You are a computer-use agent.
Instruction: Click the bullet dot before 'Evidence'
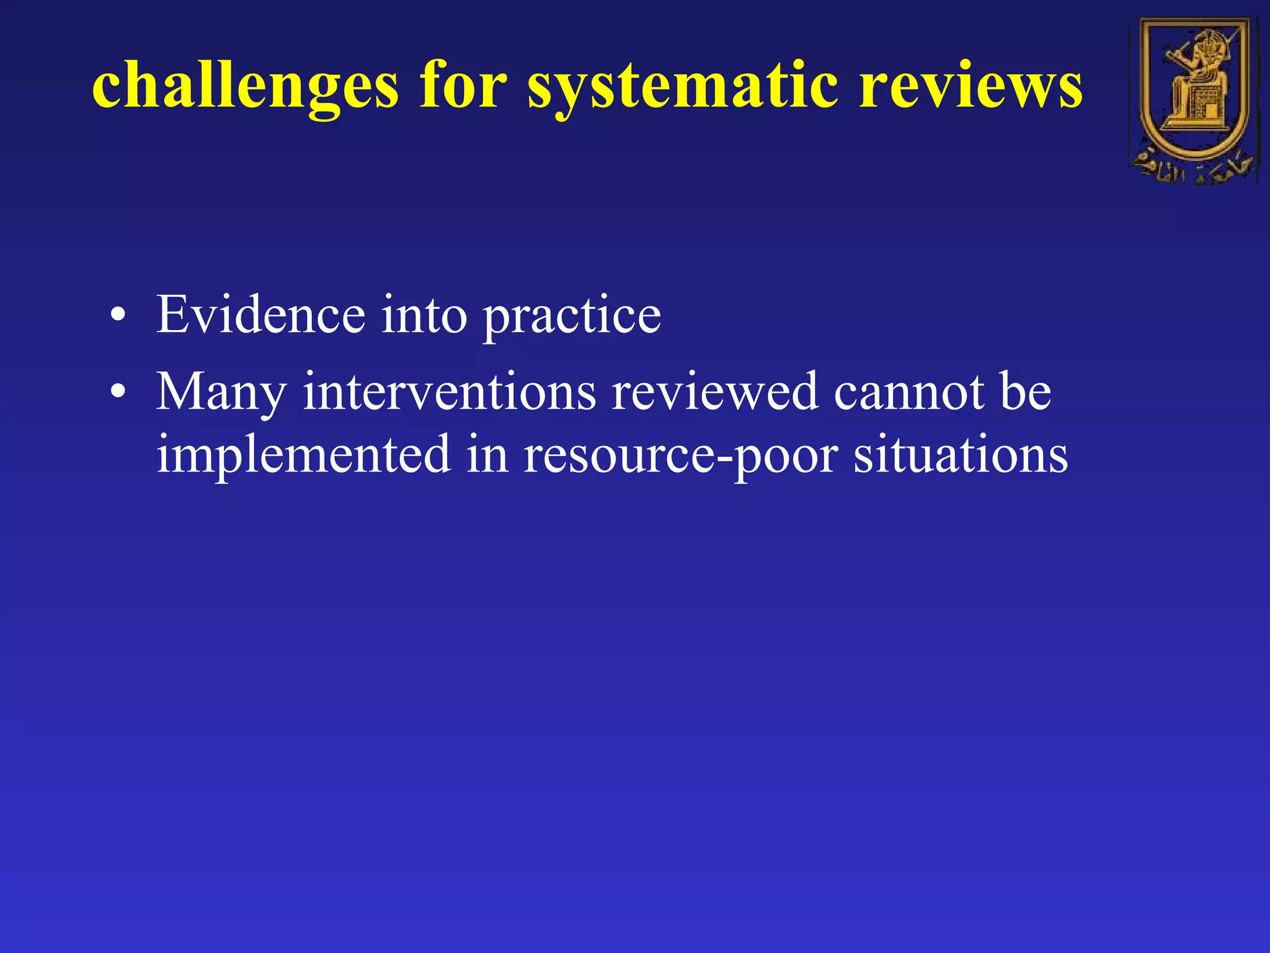(117, 317)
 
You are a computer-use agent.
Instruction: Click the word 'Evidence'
(261, 315)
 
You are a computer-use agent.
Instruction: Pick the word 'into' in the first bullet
(424, 315)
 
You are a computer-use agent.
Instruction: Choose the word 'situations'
(961, 454)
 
